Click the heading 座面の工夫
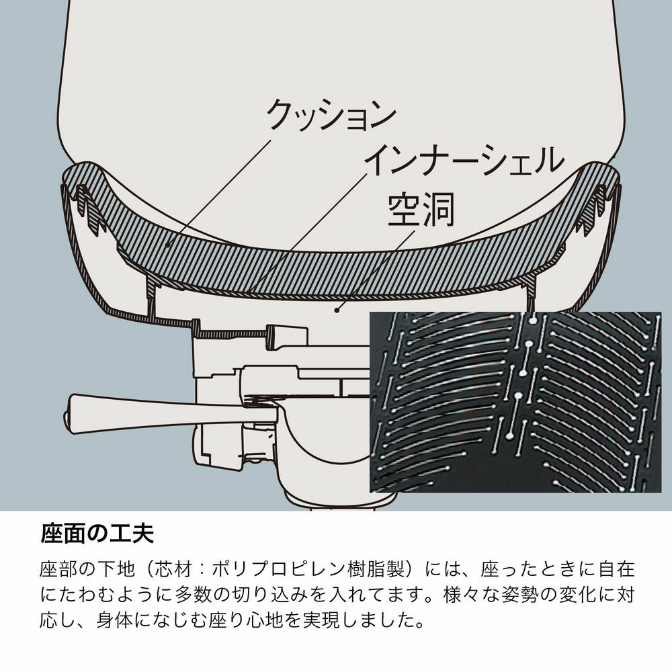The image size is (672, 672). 97,534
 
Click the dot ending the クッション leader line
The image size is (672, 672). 168,245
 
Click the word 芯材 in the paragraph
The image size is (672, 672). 173,569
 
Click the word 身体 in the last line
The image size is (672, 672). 116,620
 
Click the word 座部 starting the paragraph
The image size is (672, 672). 59,569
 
